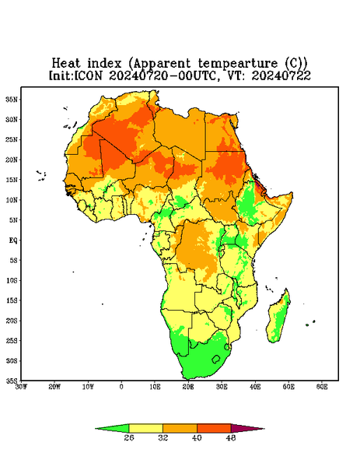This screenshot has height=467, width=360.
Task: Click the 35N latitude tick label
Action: pos(12,100)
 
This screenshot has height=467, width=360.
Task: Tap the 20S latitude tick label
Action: pos(12,321)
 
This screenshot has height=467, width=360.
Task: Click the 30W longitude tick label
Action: pos(21,387)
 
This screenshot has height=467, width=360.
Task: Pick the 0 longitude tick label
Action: pos(121,387)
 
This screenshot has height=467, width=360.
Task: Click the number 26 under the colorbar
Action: pos(129,437)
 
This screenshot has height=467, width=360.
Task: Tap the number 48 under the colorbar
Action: pos(231,437)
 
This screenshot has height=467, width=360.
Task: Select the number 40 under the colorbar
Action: pos(197,437)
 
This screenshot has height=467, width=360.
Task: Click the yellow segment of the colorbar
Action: pos(145,428)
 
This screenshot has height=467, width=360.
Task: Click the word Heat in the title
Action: pos(66,63)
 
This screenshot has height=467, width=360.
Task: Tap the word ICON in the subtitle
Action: pos(88,75)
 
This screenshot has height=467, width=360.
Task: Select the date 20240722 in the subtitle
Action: pos(281,75)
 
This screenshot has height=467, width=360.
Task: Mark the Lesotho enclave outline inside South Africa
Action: pos(216,360)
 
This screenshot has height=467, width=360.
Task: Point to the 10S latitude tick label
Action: pos(12,280)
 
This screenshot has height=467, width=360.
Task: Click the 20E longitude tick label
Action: pos(188,387)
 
